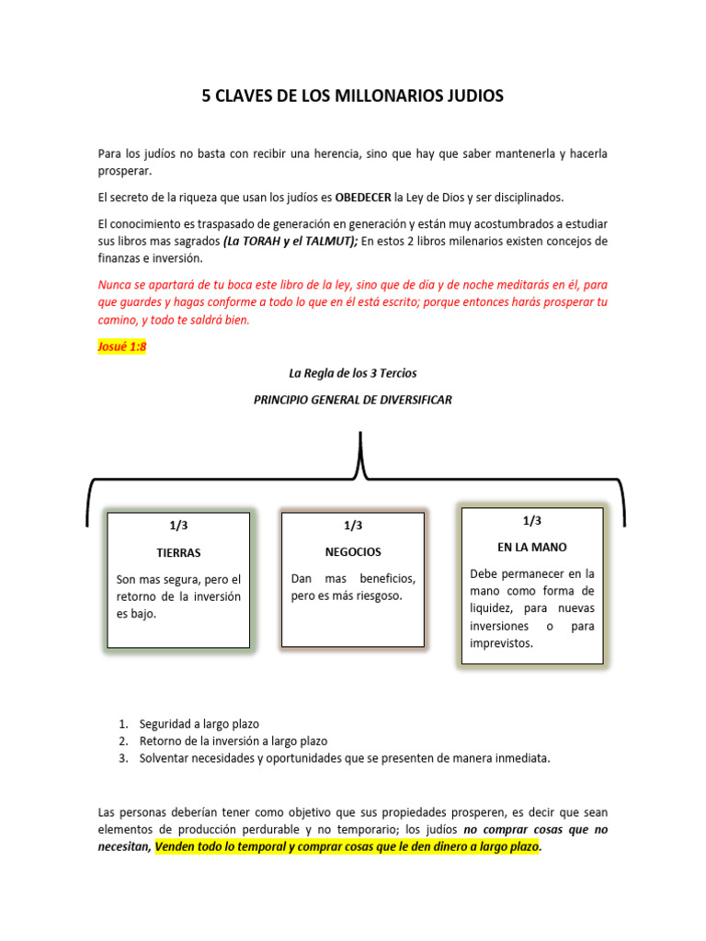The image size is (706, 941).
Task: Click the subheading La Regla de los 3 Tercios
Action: click(353, 373)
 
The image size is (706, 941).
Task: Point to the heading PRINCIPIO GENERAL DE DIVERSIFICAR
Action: click(353, 401)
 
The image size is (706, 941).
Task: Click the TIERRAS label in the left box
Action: click(178, 553)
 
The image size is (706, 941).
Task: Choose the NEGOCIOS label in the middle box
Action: click(353, 552)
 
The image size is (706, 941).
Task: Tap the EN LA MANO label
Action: click(531, 547)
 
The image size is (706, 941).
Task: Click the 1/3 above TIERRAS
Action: click(178, 526)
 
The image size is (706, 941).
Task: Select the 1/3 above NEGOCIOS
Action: click(353, 526)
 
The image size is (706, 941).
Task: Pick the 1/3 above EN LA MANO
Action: click(532, 520)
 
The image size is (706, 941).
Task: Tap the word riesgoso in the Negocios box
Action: click(375, 595)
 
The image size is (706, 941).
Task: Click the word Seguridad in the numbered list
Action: click(165, 724)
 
